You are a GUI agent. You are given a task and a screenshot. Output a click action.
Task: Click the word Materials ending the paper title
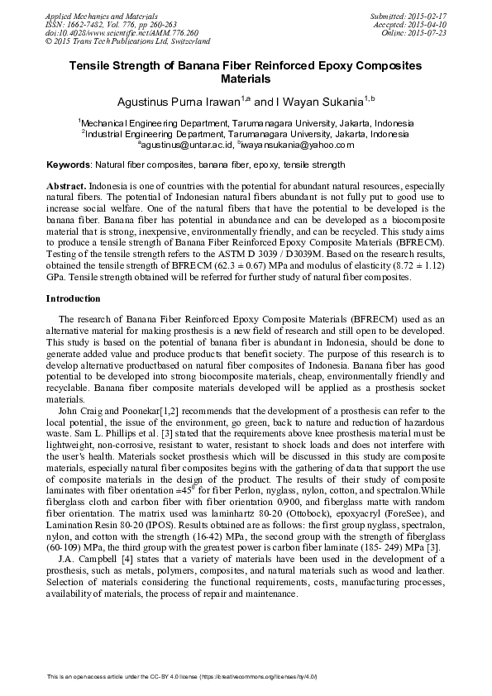click(x=246, y=79)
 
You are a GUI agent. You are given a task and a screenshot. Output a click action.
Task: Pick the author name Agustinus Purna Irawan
click(x=173, y=102)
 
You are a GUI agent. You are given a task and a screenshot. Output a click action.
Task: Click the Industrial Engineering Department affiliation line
click(x=246, y=133)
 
